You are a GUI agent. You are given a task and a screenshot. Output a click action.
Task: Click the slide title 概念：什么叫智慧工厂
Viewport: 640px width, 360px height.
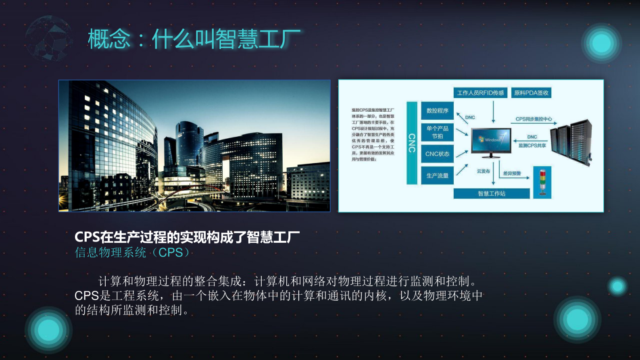click(x=194, y=39)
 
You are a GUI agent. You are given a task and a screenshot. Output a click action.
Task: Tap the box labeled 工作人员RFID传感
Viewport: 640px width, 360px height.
click(x=480, y=93)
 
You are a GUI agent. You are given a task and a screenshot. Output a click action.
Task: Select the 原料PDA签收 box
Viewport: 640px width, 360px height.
click(x=531, y=93)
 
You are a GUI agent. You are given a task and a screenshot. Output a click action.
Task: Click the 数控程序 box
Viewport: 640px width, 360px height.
click(x=437, y=110)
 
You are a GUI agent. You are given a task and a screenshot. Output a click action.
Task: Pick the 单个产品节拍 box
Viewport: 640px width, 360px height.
click(x=437, y=132)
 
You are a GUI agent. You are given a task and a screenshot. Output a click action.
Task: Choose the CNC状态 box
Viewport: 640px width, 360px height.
click(x=437, y=154)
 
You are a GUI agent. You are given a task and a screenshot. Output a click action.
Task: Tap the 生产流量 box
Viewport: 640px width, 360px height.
click(x=437, y=176)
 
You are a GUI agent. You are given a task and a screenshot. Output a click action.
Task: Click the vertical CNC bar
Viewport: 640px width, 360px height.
click(x=412, y=143)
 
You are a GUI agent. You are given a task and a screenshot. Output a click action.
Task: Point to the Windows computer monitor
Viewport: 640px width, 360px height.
click(x=491, y=141)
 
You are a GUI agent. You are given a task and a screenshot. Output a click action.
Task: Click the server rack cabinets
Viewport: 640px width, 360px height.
click(x=571, y=141)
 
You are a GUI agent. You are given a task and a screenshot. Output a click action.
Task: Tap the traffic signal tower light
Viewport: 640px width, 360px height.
click(x=542, y=183)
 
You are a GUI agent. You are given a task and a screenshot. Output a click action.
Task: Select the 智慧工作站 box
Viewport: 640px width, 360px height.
click(x=492, y=194)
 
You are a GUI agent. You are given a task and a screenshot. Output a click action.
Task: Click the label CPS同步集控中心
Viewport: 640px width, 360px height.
click(x=534, y=119)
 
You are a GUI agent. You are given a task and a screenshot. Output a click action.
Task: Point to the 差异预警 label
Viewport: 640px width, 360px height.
click(x=512, y=173)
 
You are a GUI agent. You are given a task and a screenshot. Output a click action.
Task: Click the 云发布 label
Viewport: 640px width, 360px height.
click(x=483, y=171)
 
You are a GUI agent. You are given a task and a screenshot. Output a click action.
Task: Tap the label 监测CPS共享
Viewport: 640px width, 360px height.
click(x=532, y=146)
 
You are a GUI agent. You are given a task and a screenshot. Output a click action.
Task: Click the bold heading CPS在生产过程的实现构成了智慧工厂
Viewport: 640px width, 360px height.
click(x=187, y=237)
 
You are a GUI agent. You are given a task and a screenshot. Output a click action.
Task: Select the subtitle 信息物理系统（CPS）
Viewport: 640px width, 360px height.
click(x=132, y=252)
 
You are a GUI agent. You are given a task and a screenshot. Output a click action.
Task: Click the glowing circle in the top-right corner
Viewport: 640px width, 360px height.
click(x=601, y=43)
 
